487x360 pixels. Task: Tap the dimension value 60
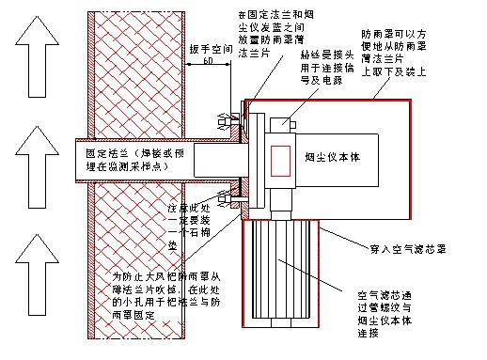207,61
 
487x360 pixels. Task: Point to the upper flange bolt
226,121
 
